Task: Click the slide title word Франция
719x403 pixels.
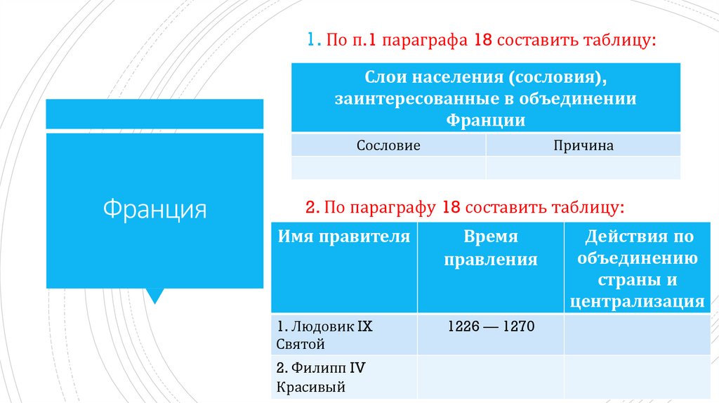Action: [155, 209]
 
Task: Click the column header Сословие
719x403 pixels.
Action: [388, 146]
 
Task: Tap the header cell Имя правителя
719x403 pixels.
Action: [344, 237]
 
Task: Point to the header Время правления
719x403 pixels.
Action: [490, 249]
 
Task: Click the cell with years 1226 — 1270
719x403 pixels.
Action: [490, 326]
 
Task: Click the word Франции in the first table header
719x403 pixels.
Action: [485, 120]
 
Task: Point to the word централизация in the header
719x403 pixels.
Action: [637, 303]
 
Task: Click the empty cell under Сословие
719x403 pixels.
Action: [388, 168]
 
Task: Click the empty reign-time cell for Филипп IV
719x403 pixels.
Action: [490, 377]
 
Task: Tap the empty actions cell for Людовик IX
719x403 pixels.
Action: [637, 334]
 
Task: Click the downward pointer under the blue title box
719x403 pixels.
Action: [154, 296]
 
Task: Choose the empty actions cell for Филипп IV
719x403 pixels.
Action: [637, 377]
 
